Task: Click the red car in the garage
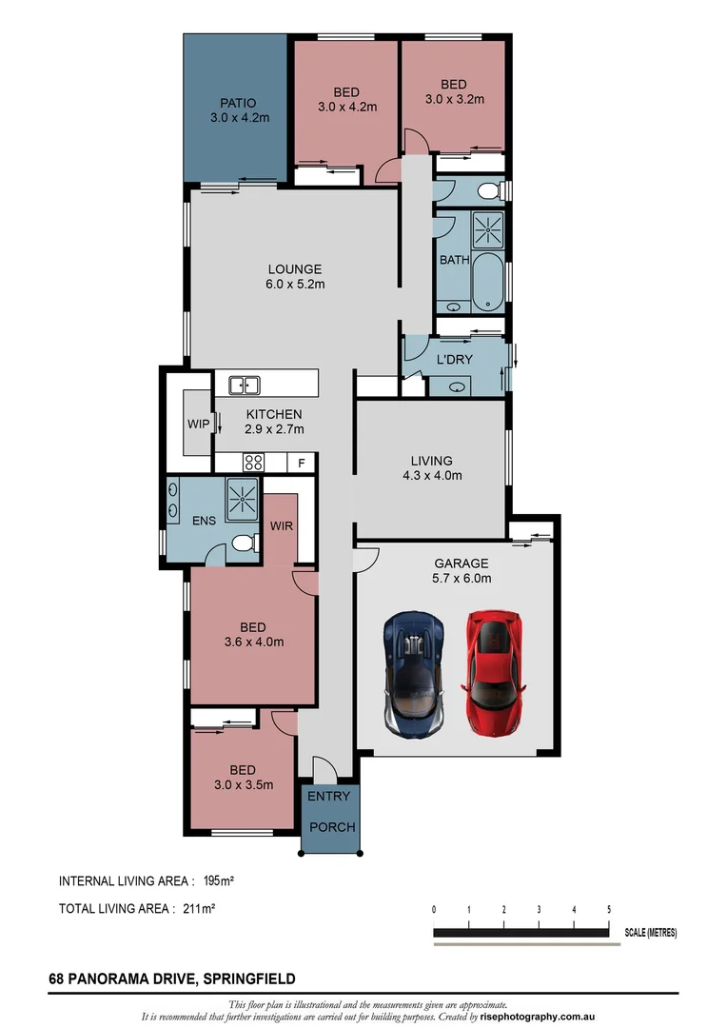click(494, 673)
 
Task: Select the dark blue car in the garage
click(414, 673)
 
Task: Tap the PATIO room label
click(238, 103)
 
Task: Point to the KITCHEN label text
click(274, 414)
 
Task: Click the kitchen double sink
click(245, 385)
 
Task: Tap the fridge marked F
click(302, 464)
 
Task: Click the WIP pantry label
click(197, 423)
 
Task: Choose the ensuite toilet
click(243, 545)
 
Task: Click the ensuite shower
click(242, 497)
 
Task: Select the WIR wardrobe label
click(281, 525)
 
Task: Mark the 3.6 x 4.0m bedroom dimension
click(252, 642)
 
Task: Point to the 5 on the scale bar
click(608, 910)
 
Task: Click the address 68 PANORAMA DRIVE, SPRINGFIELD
click(171, 978)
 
